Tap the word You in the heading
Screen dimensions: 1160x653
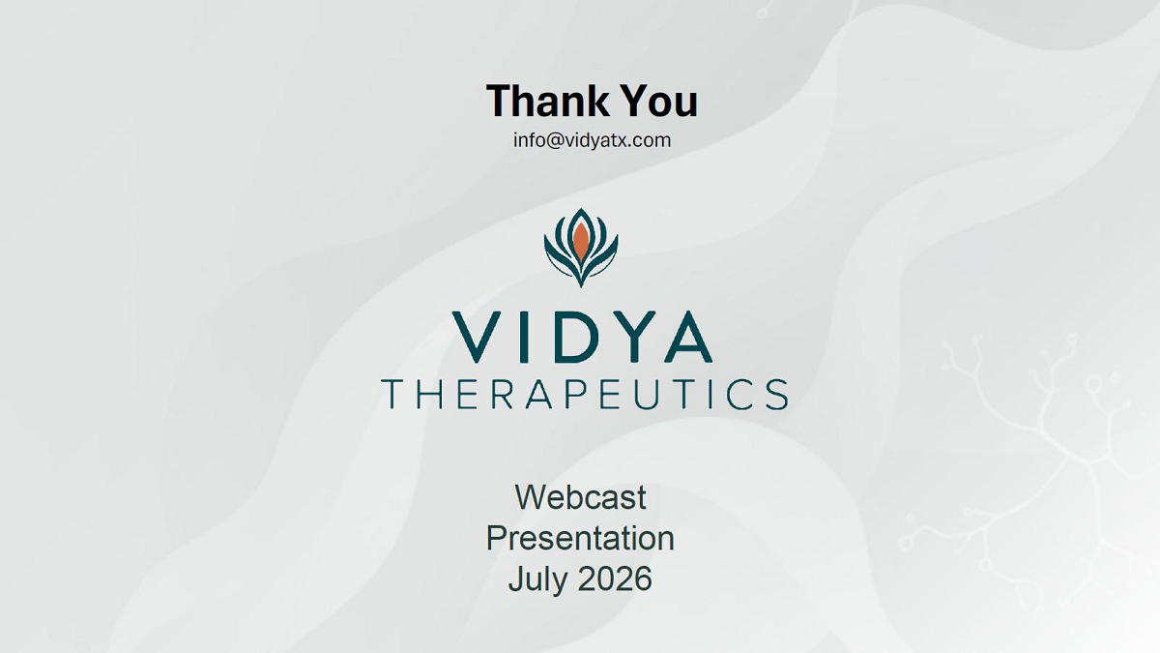(x=659, y=101)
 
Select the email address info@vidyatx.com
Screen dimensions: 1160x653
(x=592, y=140)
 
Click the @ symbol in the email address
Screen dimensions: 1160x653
(x=554, y=141)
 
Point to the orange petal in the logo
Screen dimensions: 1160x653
(x=581, y=241)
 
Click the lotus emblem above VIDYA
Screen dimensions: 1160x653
(x=581, y=248)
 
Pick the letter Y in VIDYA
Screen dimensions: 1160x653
(x=633, y=337)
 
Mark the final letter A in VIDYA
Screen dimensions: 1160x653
(x=688, y=337)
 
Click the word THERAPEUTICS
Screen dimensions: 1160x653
(x=585, y=395)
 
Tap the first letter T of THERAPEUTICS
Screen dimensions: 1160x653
(x=393, y=395)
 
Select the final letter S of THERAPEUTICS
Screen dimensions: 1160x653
(x=777, y=395)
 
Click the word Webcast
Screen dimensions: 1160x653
(x=580, y=497)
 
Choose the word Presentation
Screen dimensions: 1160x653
(x=580, y=538)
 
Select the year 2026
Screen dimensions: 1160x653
(x=615, y=579)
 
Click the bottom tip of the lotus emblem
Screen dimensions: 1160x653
(x=581, y=287)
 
